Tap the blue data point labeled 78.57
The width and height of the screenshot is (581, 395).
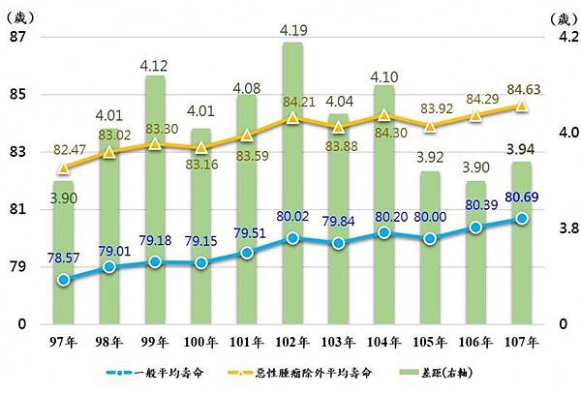[64, 280]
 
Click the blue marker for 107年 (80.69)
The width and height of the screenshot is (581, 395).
[522, 219]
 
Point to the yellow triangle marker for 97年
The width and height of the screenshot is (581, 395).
[64, 167]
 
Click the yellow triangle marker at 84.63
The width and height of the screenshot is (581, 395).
[522, 106]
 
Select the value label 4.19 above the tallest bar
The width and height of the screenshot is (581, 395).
[293, 31]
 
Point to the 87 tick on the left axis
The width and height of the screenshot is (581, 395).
[16, 38]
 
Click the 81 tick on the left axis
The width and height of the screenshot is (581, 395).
[16, 209]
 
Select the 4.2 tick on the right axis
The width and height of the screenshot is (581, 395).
[564, 38]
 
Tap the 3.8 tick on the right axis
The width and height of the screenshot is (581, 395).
[564, 228]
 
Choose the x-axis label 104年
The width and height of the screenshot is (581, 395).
[384, 341]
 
